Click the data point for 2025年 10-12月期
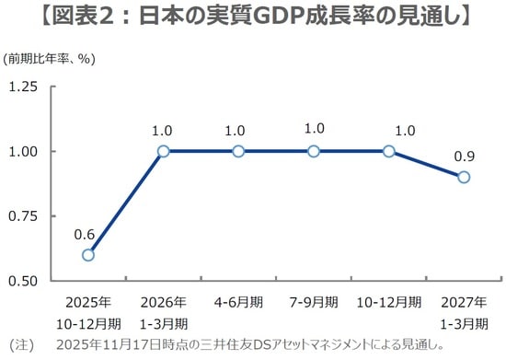[88, 255]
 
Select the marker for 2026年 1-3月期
[163, 151]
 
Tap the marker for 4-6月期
[238, 151]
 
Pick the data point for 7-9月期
[314, 151]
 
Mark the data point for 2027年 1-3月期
[464, 177]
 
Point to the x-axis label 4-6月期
[238, 302]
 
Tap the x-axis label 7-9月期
[314, 302]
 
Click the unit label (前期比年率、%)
[50, 59]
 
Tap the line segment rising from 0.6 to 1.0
[126, 203]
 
